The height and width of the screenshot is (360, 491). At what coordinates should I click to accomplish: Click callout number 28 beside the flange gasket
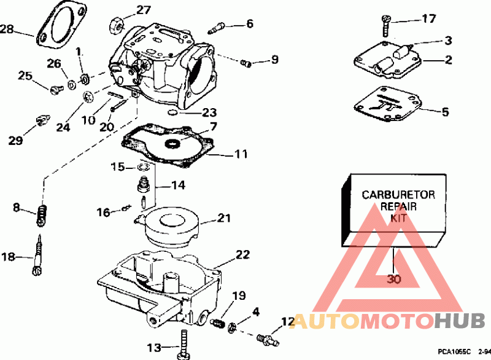coord(7,29)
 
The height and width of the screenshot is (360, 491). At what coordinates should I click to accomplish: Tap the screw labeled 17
coord(387,26)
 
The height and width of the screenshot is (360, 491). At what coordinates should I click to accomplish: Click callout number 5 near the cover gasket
coord(445,112)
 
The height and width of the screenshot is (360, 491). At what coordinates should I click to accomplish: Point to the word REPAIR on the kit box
coord(398,206)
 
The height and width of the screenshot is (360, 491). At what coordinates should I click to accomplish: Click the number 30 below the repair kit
coord(394,278)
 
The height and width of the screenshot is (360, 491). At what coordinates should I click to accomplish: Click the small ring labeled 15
coord(143,166)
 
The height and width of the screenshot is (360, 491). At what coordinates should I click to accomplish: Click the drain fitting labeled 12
coord(268,340)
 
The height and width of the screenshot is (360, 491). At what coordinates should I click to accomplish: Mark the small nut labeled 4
coord(232,327)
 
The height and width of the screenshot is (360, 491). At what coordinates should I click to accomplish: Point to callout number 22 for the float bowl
coord(242,255)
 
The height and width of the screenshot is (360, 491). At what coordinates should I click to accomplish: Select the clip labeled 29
coord(42,120)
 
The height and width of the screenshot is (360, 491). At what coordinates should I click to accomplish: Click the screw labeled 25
coord(56,90)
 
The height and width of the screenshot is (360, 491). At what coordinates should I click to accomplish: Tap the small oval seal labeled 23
coord(172,112)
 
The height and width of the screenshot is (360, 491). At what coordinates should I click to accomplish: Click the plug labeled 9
coord(246,64)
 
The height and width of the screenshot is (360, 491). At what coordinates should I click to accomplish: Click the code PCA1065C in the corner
coord(454,352)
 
